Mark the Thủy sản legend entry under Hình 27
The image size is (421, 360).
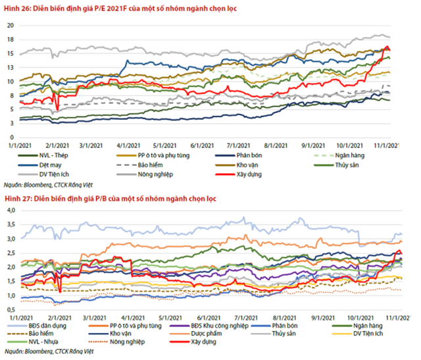[282, 334]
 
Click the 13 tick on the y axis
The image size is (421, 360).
[11, 67]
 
